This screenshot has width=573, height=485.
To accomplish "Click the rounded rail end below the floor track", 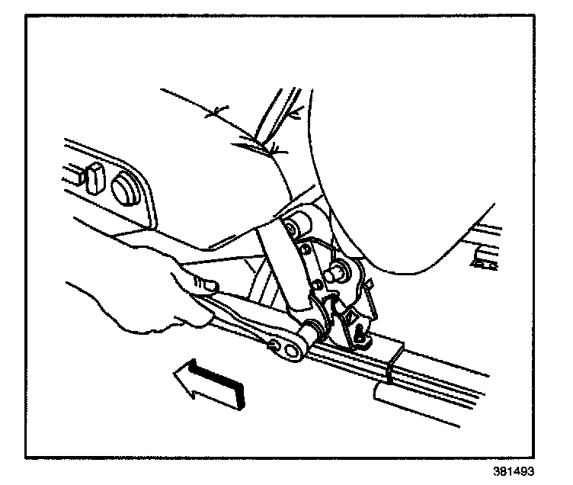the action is tap(381, 393).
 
